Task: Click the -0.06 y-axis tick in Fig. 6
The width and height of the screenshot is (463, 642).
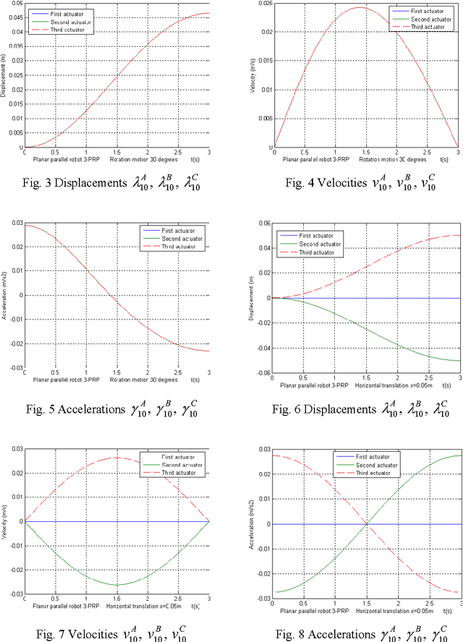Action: (262, 374)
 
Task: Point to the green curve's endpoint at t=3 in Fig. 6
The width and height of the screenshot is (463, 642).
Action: (460, 360)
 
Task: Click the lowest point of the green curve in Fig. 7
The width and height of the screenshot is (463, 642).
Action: (117, 585)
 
